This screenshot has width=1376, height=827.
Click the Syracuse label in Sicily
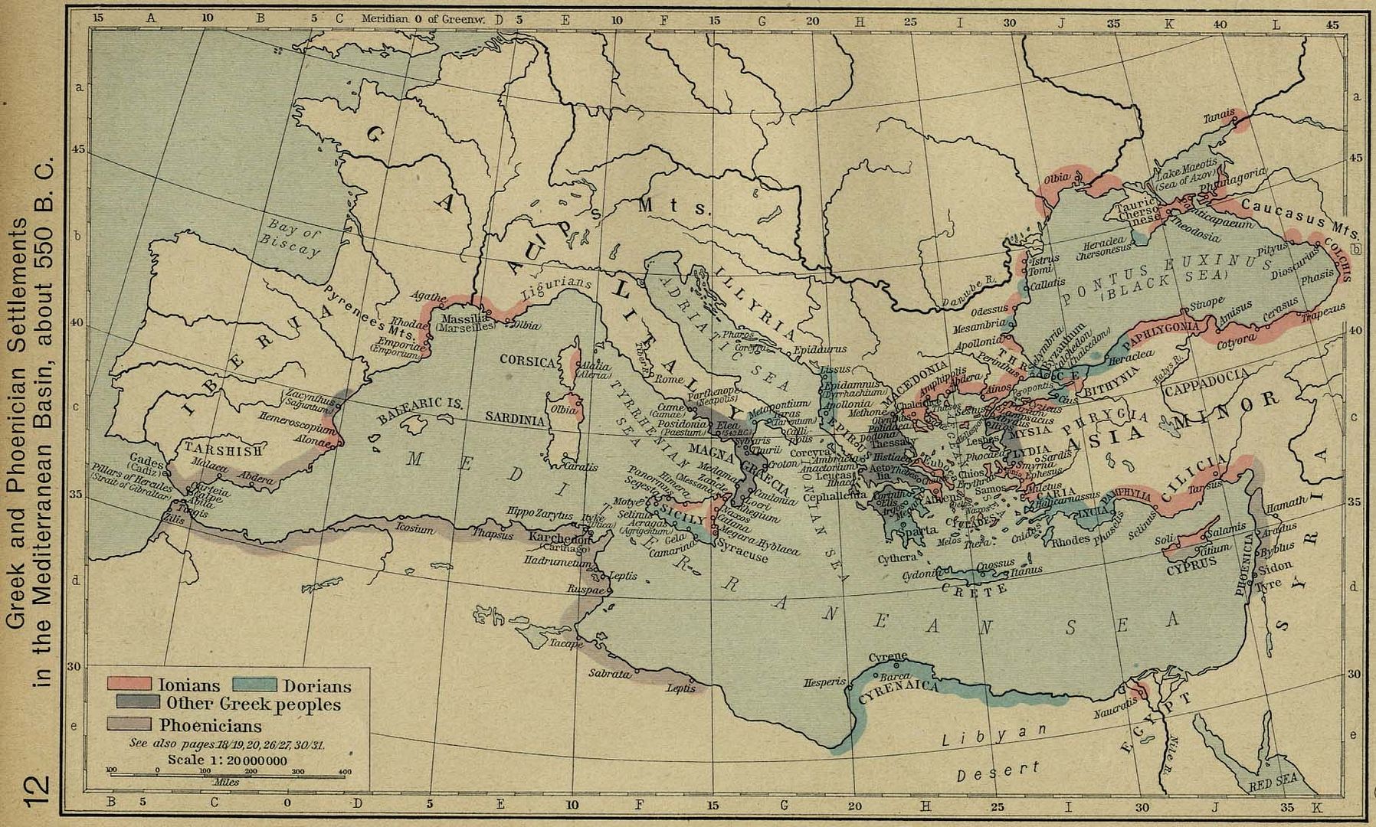tap(742, 557)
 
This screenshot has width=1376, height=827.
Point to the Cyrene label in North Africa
tap(888, 657)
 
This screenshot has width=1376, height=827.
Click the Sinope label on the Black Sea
tap(1207, 302)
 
